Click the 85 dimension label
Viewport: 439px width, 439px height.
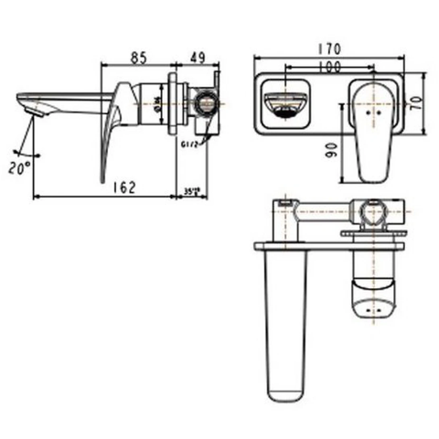tap(138, 58)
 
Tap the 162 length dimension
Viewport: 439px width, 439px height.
tap(124, 187)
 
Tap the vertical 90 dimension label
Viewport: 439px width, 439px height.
tap(331, 150)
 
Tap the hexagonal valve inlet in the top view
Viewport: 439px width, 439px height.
tap(372, 214)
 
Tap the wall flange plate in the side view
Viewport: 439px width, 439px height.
tap(175, 102)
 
